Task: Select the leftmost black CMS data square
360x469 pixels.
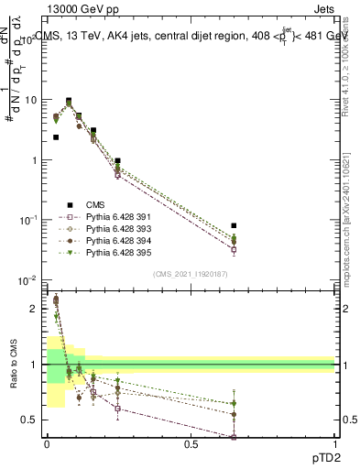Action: coord(56,137)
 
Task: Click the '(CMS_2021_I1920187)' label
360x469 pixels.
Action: coord(190,274)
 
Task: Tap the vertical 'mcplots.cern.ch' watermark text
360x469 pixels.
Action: coord(352,238)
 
